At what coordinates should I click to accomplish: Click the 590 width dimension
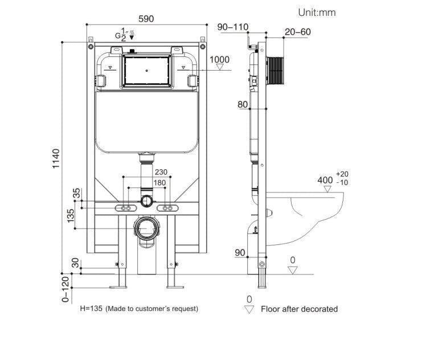pyautogui.click(x=146, y=18)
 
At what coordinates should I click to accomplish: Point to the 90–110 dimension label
pyautogui.click(x=233, y=27)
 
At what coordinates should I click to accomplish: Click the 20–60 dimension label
pyautogui.click(x=297, y=32)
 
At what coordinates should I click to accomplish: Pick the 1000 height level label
pyautogui.click(x=219, y=60)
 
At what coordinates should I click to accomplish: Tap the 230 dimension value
pyautogui.click(x=161, y=172)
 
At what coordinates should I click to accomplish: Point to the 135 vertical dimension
pyautogui.click(x=71, y=216)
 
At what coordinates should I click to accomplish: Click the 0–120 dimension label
pyautogui.click(x=65, y=289)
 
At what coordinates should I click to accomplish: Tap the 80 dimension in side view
pyautogui.click(x=243, y=104)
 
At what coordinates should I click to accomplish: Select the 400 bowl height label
pyautogui.click(x=325, y=180)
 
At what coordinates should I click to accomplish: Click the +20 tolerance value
pyautogui.click(x=342, y=174)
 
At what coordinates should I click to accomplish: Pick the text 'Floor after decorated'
pyautogui.click(x=299, y=309)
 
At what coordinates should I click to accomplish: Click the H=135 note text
pyautogui.click(x=139, y=308)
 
